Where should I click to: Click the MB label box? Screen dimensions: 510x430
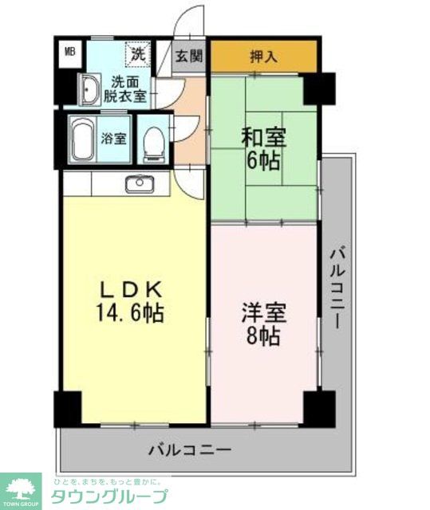pyautogui.click(x=70, y=53)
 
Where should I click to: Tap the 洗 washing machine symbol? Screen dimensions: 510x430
pyautogui.click(x=137, y=55)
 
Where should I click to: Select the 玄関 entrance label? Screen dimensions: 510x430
pyautogui.click(x=189, y=57)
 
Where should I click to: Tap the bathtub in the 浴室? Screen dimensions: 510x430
pyautogui.click(x=83, y=139)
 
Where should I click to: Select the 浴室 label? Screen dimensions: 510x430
pyautogui.click(x=113, y=139)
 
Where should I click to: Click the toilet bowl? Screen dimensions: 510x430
pyautogui.click(x=153, y=142)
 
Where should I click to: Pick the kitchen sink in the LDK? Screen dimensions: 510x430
pyautogui.click(x=138, y=182)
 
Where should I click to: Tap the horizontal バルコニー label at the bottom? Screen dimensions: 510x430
pyautogui.click(x=190, y=449)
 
